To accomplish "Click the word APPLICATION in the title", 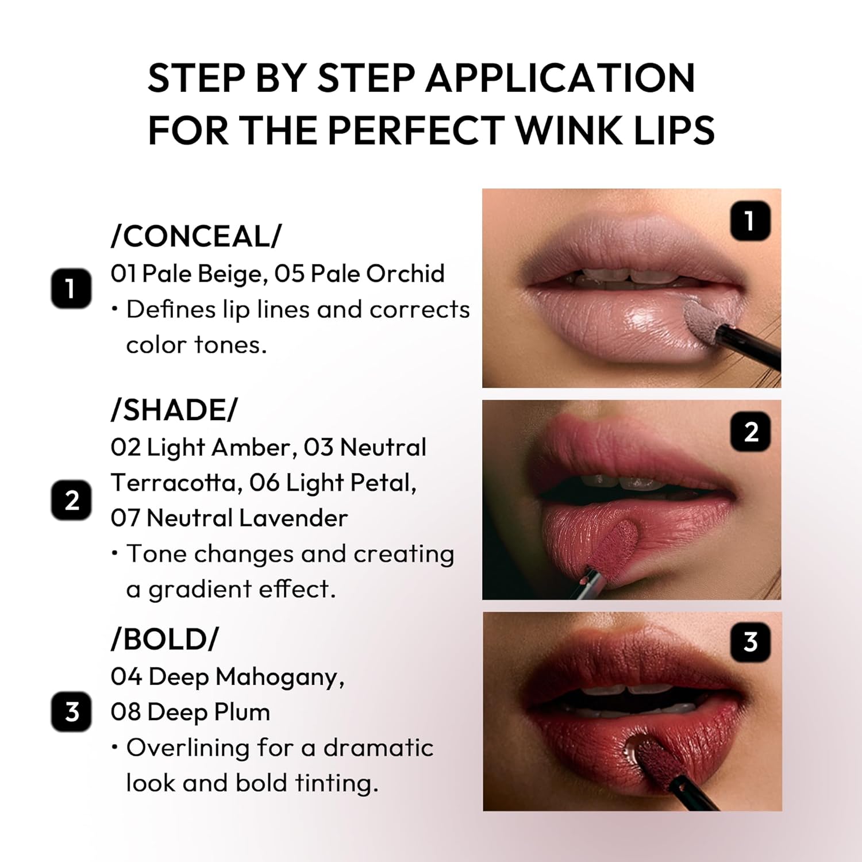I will click(560, 78).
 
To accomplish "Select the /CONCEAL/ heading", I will click(197, 236).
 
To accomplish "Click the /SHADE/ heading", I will click(174, 410).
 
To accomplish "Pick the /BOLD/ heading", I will click(165, 639).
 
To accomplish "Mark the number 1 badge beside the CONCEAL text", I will click(71, 288).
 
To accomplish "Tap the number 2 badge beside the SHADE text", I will click(71, 500).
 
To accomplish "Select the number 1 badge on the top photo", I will click(750, 221).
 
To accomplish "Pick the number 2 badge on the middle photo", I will click(750, 432).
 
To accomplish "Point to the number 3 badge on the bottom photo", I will click(750, 641).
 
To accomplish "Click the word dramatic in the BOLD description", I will click(378, 748).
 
